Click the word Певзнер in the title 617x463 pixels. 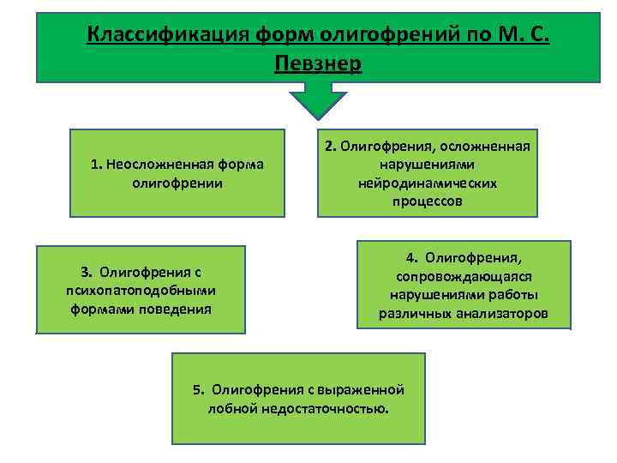[x=319, y=63]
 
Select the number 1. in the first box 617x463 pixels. [x=96, y=165]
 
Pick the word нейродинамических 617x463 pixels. [x=428, y=183]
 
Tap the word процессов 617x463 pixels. [x=428, y=201]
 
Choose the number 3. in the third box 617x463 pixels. [x=87, y=273]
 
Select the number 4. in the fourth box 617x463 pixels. [x=412, y=257]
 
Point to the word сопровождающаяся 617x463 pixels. [x=464, y=276]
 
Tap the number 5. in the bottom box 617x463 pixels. [x=199, y=389]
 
